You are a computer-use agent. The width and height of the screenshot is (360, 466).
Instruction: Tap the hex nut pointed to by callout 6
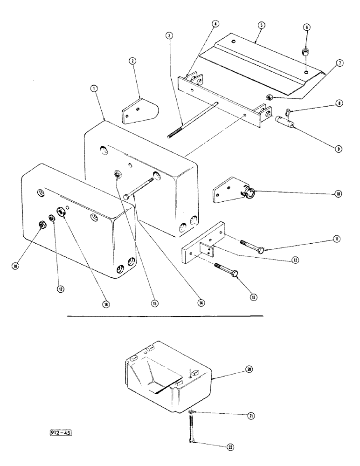point(306,51)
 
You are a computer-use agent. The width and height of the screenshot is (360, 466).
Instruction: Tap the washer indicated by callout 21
point(192,410)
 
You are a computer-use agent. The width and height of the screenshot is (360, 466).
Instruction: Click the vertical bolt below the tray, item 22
point(192,428)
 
